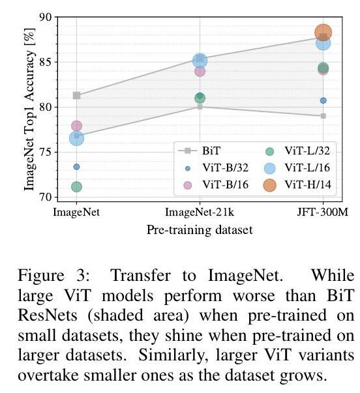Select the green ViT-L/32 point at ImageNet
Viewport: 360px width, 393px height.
[76, 187]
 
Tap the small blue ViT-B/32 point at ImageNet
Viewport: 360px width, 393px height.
[76, 167]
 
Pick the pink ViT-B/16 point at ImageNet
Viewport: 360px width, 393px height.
[76, 126]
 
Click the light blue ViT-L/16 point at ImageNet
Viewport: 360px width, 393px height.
[76, 138]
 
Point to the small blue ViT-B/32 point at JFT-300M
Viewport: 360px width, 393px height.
[323, 100]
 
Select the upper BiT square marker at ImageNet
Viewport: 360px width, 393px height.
[76, 95]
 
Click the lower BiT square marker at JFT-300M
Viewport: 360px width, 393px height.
[323, 116]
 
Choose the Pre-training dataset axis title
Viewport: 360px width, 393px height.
[200, 229]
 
